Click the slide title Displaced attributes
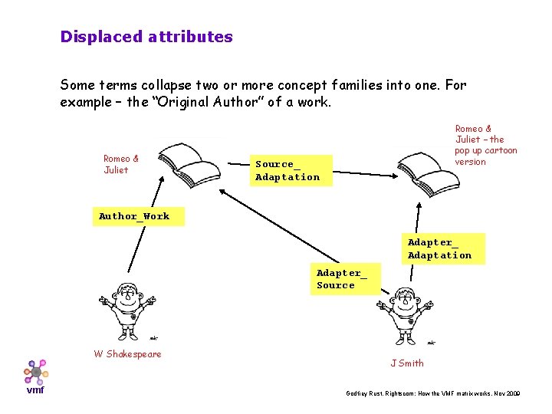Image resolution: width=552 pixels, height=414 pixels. tap(146, 37)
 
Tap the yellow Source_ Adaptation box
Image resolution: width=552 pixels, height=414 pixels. tap(287, 171)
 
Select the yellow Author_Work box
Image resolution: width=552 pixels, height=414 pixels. tap(134, 216)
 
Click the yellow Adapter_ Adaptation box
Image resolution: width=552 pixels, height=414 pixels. tap(439, 249)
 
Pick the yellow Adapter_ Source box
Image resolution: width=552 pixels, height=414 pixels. tap(342, 279)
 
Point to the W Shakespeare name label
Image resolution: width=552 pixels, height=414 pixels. tap(127, 354)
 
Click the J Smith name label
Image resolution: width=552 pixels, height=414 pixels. tap(406, 363)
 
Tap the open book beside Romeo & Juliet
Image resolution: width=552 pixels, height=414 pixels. tap(183, 160)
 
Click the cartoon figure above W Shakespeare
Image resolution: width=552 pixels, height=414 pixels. tap(127, 310)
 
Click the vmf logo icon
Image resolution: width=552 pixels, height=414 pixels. tap(36, 371)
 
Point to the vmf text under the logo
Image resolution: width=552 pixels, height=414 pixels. tap(35, 389)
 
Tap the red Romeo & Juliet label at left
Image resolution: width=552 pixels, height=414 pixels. tap(121, 165)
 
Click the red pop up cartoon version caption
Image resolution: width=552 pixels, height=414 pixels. tap(486, 146)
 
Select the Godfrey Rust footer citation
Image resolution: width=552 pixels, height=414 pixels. tap(433, 393)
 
